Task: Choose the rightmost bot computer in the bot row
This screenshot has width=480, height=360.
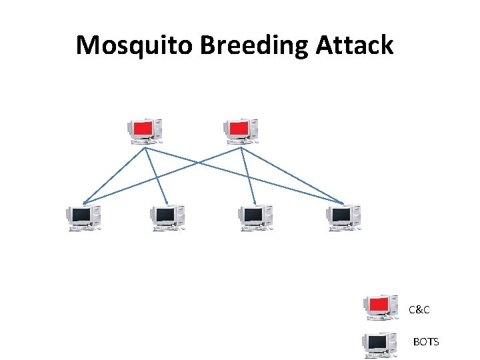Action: coord(344,217)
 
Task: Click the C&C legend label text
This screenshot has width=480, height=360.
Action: coord(419,309)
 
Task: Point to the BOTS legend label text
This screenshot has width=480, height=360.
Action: coord(426,342)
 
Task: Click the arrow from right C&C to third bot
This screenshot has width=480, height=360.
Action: coord(249,176)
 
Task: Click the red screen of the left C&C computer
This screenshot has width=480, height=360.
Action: coord(142,128)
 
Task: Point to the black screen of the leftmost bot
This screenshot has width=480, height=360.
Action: coord(81,215)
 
